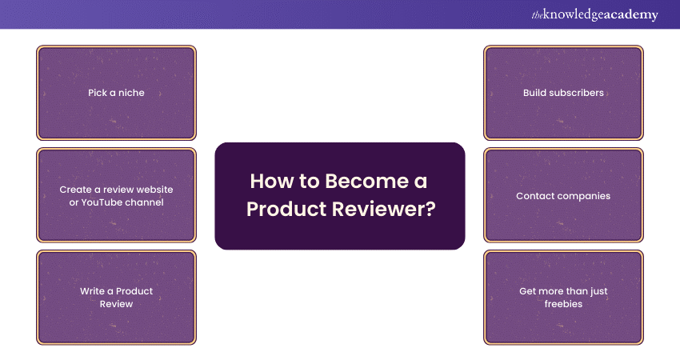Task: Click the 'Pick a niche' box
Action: coord(116,93)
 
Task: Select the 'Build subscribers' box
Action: coord(563,93)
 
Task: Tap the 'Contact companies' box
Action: coord(563,196)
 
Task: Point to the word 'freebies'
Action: coord(563,304)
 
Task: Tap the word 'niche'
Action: coord(131,93)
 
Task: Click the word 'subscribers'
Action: coord(578,93)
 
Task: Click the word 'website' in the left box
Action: coord(154,190)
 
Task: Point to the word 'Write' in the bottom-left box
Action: coord(92,291)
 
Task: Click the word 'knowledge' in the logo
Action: coord(571,15)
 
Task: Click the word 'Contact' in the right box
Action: coord(534,196)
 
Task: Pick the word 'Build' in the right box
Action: coord(534,93)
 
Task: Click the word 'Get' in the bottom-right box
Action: coord(527,291)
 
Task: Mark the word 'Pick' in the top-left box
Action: coord(97,93)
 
